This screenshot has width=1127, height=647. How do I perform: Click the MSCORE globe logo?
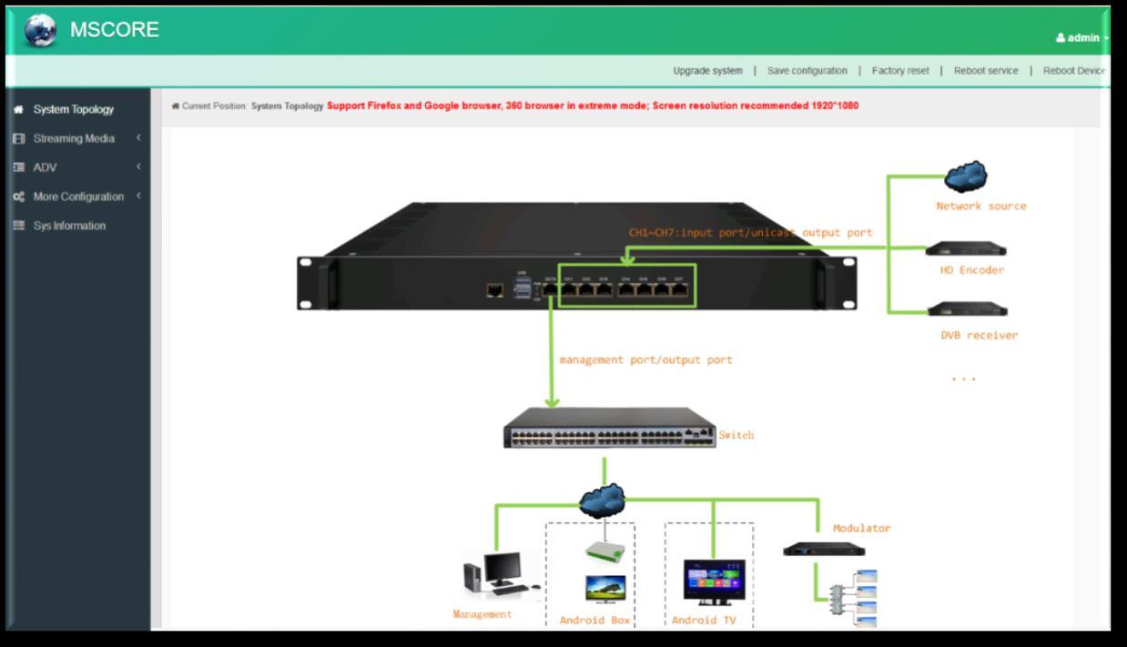(x=40, y=31)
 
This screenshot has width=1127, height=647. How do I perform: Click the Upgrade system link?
(x=707, y=71)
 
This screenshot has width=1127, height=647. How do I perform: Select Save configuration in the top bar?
(x=807, y=71)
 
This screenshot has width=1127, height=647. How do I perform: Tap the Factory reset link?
(x=900, y=71)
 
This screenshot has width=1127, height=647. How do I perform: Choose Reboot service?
(x=986, y=71)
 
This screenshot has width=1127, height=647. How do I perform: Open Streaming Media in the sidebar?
(x=74, y=138)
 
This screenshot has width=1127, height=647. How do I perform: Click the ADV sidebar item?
(x=45, y=167)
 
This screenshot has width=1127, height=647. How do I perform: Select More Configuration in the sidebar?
(x=78, y=197)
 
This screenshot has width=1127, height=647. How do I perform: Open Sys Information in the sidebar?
(x=69, y=226)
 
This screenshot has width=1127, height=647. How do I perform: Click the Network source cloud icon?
(x=966, y=176)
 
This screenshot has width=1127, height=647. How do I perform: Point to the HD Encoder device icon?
(x=966, y=248)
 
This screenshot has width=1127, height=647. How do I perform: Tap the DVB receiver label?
(x=979, y=336)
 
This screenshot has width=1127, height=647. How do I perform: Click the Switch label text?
(x=736, y=436)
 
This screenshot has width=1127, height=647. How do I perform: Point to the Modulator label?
(x=861, y=529)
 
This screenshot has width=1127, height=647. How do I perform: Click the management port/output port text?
(x=645, y=360)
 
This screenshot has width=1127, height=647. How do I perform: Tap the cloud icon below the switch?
(x=603, y=499)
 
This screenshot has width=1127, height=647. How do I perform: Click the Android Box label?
(x=594, y=621)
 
